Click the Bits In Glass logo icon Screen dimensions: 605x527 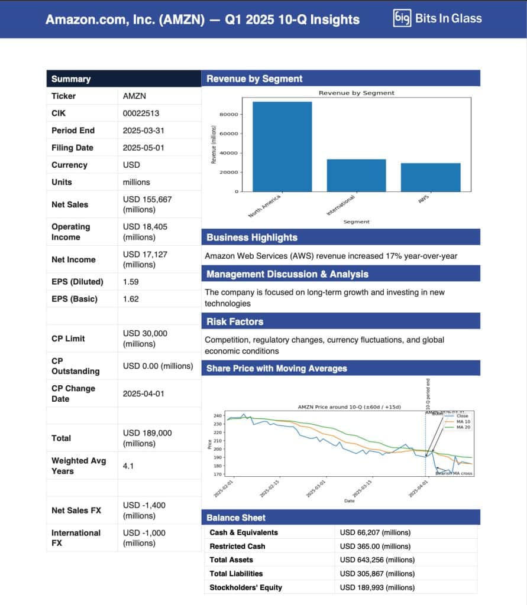402,18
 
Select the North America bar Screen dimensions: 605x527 282,147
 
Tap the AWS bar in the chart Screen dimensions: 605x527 431,177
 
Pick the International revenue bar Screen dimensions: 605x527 356,175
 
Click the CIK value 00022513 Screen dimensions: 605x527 141,113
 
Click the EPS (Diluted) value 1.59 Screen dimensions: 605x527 131,282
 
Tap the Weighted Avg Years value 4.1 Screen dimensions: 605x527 128,466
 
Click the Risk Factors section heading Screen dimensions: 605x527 235,321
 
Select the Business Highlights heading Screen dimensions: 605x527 252,238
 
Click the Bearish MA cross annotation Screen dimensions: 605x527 454,473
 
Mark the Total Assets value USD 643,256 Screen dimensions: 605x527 377,560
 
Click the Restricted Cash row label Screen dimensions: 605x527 237,547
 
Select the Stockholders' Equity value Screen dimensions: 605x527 377,587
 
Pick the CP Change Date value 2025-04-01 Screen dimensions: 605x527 143,393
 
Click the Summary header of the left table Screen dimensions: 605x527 71,79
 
